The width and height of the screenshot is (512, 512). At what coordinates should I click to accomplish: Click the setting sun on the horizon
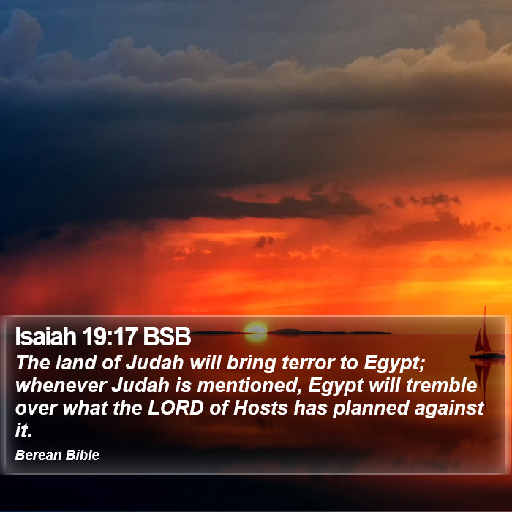(x=256, y=328)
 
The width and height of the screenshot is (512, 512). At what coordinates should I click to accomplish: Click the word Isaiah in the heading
(x=45, y=336)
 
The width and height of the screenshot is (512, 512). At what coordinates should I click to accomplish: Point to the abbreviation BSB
(x=167, y=336)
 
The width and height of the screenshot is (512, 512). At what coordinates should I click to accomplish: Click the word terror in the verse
(x=309, y=363)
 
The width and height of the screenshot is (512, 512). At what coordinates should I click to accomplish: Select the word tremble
(x=442, y=385)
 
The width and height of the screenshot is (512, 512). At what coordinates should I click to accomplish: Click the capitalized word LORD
(x=176, y=408)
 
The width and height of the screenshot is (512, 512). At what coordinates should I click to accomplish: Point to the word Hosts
(x=260, y=408)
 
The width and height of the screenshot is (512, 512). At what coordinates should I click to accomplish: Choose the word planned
(x=371, y=409)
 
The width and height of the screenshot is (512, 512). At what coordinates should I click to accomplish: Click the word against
(x=449, y=409)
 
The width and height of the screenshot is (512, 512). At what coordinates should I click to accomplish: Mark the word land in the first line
(x=76, y=363)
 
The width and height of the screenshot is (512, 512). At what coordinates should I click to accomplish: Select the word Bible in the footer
(x=82, y=455)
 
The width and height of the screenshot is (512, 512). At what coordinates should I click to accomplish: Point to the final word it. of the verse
(x=23, y=431)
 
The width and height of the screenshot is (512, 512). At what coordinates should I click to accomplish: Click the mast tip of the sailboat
(x=485, y=307)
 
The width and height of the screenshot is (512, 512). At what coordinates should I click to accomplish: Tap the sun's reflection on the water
(x=256, y=338)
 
